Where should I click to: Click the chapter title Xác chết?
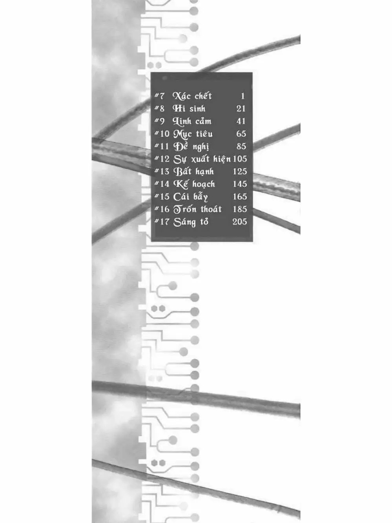(x=192, y=96)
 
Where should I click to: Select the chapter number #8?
(x=159, y=108)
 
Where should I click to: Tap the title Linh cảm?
(x=192, y=121)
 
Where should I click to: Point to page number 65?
(x=241, y=134)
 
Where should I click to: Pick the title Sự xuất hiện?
(x=202, y=159)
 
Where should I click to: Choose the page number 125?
(x=239, y=172)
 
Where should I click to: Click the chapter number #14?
(x=162, y=184)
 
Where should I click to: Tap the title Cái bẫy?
(x=191, y=197)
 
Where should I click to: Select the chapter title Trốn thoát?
(x=197, y=209)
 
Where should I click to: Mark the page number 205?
(x=239, y=222)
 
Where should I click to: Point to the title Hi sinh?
(x=189, y=108)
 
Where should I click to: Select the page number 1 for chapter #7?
(x=242, y=96)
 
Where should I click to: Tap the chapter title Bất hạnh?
(x=194, y=172)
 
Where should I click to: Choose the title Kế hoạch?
(x=194, y=184)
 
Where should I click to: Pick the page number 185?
(x=239, y=209)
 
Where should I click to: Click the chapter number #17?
(x=162, y=222)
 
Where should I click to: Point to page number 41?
(x=241, y=121)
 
